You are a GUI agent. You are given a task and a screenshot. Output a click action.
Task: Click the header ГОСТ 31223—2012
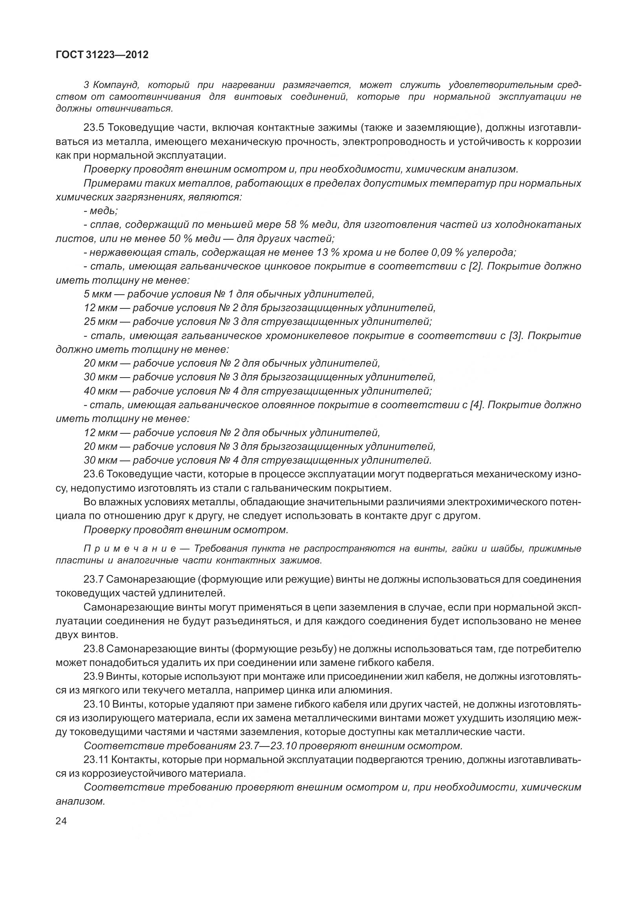pos(102,55)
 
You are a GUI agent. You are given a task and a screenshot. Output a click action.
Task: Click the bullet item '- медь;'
pos(101,211)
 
